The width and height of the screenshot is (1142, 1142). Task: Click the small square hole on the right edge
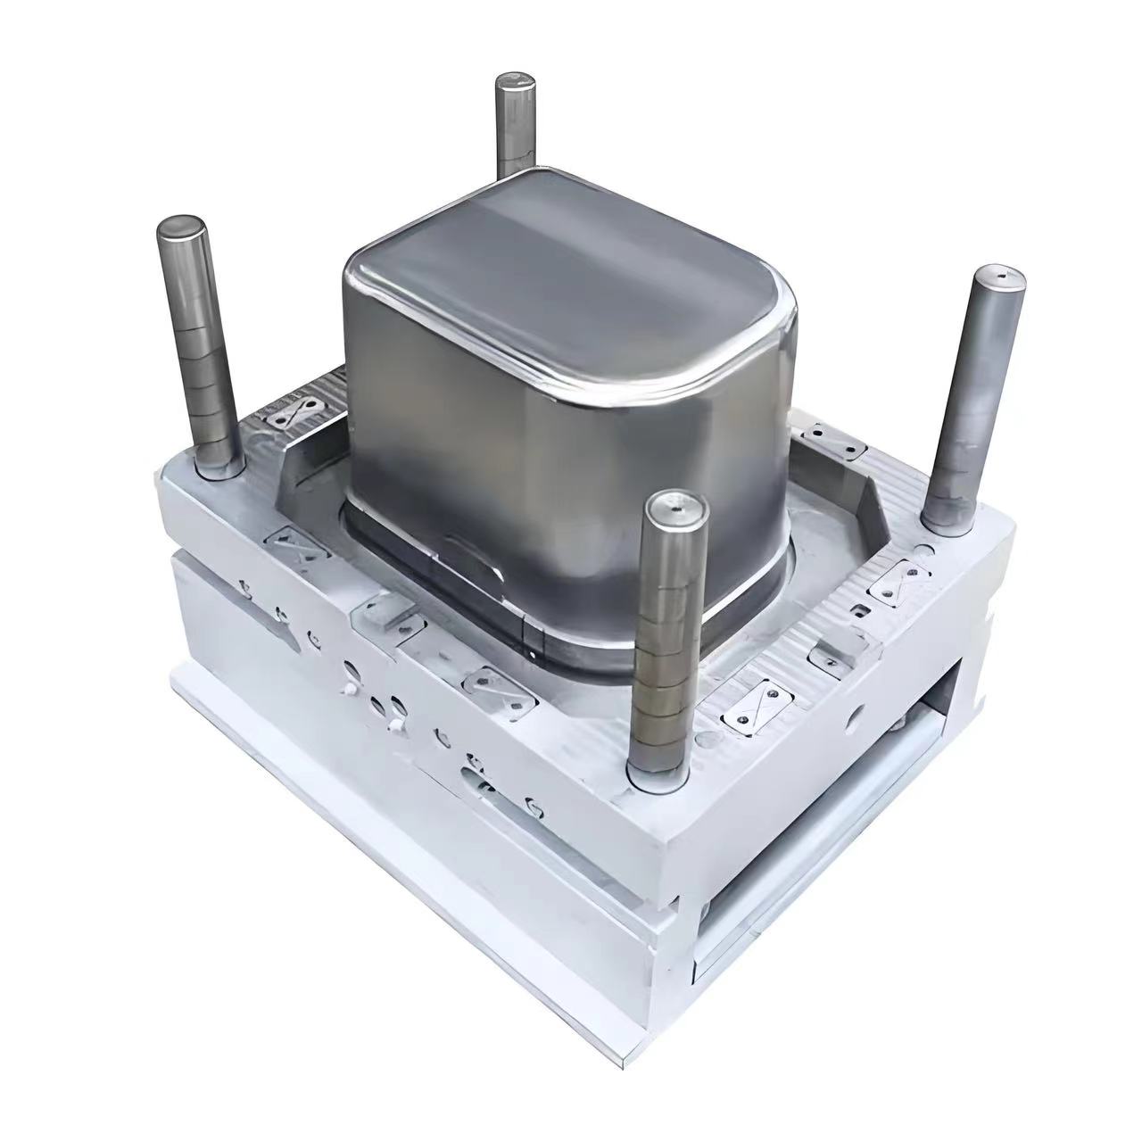tap(860, 610)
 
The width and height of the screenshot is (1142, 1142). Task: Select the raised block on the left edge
tap(385, 617)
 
